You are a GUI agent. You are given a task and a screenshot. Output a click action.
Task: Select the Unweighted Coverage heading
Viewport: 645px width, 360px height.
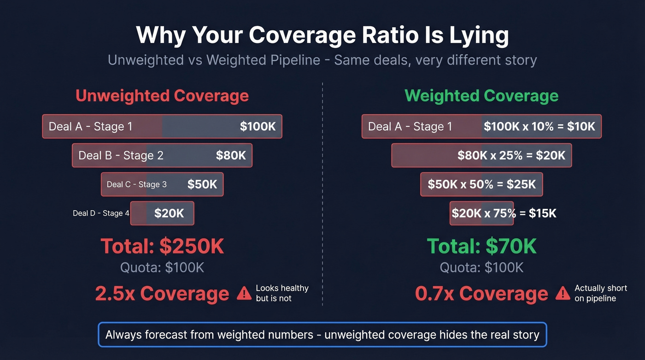point(162,96)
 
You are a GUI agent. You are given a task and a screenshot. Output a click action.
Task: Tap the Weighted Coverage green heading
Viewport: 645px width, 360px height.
point(481,96)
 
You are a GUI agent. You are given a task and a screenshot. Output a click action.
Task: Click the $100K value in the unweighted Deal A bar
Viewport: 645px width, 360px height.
point(258,127)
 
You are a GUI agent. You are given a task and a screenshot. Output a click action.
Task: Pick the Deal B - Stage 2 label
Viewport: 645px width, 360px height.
point(121,155)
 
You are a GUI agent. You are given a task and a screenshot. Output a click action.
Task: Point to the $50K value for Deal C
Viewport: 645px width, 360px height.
point(202,184)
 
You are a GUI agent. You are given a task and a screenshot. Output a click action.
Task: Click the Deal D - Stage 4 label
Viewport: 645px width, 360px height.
point(101,213)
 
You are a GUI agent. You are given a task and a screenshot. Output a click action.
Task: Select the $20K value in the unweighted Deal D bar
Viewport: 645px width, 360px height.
point(169,213)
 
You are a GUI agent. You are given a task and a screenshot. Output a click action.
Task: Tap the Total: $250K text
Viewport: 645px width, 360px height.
point(162,246)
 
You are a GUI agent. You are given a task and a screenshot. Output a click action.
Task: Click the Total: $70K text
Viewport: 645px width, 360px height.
point(481,246)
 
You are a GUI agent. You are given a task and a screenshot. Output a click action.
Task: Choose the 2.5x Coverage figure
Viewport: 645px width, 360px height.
point(162,294)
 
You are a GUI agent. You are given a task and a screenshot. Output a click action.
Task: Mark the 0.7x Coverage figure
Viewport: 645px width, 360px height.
point(481,294)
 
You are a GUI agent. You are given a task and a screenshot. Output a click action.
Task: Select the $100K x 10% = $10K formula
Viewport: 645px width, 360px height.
point(539,127)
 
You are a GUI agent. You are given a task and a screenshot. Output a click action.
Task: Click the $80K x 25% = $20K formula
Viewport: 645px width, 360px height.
point(511,155)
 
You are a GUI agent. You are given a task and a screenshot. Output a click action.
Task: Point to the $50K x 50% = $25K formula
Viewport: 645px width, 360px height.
point(481,184)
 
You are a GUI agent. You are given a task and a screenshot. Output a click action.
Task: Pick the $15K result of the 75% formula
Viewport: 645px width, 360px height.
point(543,213)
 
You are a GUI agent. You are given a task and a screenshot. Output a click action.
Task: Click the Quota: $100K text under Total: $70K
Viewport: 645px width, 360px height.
point(481,267)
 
